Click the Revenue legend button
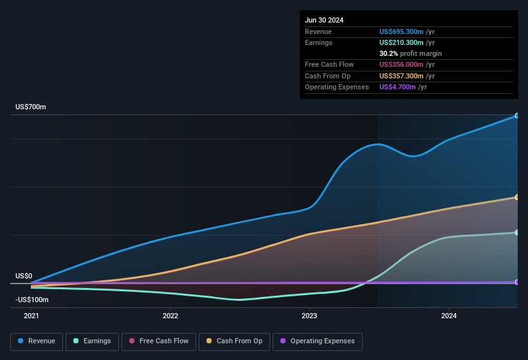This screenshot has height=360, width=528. (37, 341)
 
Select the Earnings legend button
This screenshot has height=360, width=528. (92, 341)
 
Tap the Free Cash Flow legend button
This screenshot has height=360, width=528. (158, 341)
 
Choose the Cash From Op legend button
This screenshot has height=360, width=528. (234, 341)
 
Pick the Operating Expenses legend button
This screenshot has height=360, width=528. (318, 341)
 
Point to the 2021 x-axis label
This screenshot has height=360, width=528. (31, 316)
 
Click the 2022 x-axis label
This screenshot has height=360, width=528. (170, 316)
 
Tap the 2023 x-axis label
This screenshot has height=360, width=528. (309, 316)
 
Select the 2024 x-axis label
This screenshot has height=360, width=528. (449, 316)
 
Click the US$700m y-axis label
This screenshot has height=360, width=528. (31, 107)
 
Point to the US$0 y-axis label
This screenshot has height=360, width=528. (24, 276)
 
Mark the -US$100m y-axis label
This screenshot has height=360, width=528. (32, 300)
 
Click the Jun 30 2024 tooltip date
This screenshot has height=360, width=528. (324, 20)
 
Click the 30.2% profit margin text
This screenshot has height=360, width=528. (410, 53)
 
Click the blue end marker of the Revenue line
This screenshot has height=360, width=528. (517, 116)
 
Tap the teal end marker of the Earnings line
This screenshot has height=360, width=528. (517, 233)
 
